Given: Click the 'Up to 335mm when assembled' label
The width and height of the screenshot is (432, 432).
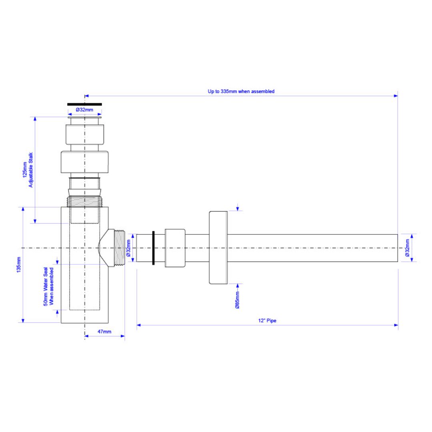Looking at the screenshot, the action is pyautogui.click(x=241, y=91).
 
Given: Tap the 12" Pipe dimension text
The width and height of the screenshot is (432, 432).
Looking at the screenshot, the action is pyautogui.click(x=267, y=320).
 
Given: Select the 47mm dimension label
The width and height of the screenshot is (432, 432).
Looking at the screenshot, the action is pyautogui.click(x=104, y=332).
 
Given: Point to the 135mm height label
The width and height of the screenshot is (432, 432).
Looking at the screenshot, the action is pyautogui.click(x=19, y=265).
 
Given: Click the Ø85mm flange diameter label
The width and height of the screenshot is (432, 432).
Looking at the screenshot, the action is pyautogui.click(x=237, y=300).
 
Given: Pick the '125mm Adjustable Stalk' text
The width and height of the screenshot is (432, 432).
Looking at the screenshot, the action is pyautogui.click(x=28, y=170).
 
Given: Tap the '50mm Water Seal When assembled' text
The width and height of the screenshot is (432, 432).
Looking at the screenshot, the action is pyautogui.click(x=48, y=286).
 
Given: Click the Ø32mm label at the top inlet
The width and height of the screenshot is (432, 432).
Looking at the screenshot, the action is pyautogui.click(x=84, y=110).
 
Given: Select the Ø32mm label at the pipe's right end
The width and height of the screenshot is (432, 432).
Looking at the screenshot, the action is pyautogui.click(x=407, y=248).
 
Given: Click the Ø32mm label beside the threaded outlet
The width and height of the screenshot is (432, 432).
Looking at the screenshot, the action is pyautogui.click(x=128, y=248).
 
